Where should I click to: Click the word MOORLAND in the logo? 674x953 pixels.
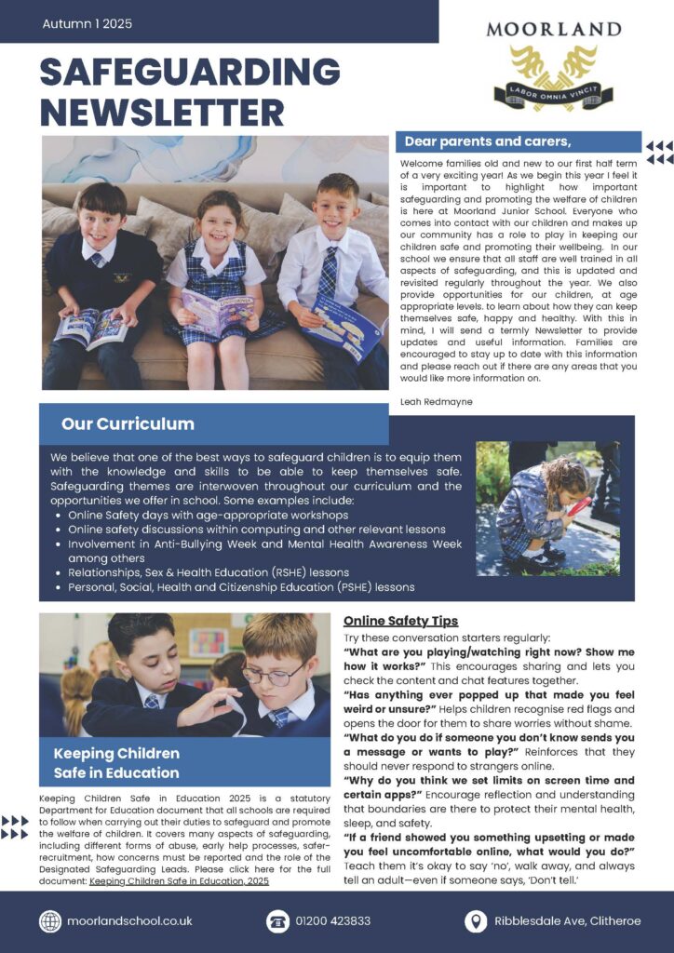pos(553,29)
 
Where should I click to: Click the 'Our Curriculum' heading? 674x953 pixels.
pos(128,424)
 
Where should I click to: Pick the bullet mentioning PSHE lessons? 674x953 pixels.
pos(241,587)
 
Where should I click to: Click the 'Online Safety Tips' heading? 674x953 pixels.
pos(400,621)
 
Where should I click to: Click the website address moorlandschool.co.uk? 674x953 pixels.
pos(129,920)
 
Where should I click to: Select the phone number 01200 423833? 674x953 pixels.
pos(332,920)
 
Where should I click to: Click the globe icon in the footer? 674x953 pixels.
pos(50,920)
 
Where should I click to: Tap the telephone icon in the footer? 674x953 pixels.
pos(277,920)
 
